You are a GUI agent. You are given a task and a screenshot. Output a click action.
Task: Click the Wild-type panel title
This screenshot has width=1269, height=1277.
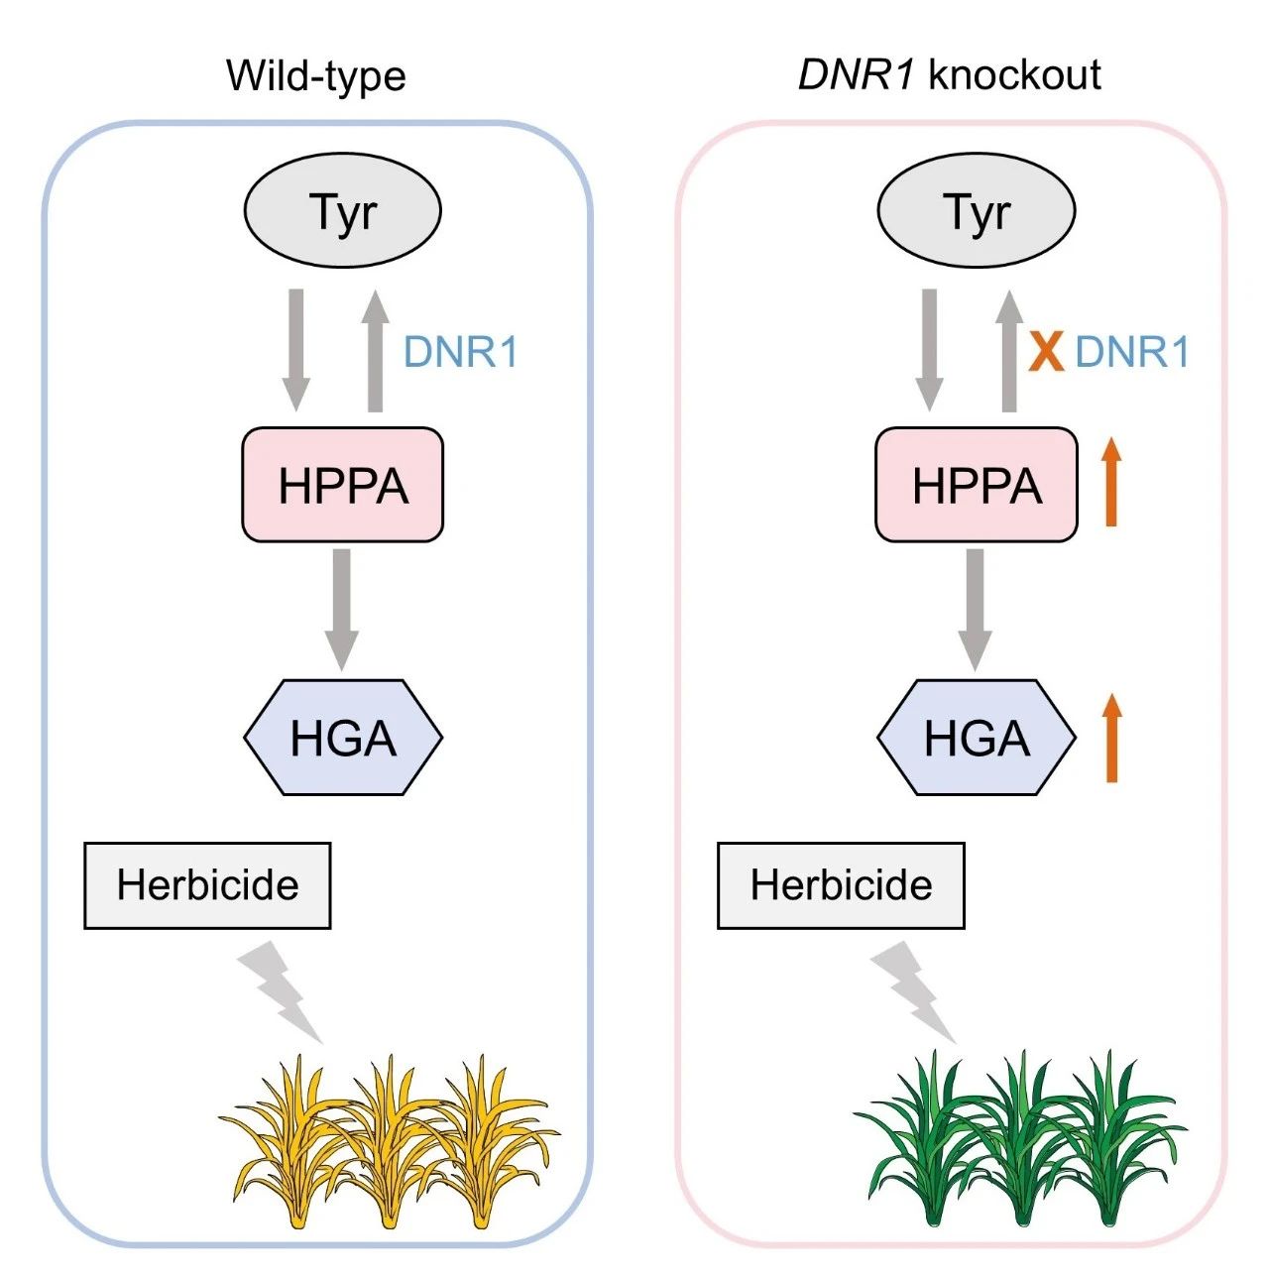316,77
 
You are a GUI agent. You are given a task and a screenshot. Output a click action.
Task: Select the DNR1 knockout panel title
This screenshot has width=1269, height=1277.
949,74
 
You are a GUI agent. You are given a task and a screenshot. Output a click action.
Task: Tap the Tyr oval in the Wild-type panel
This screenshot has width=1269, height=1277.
343,211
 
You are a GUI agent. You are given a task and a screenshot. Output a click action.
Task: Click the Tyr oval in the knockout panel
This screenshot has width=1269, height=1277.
977,211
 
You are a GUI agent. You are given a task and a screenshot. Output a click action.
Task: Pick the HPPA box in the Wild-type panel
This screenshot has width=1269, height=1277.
343,485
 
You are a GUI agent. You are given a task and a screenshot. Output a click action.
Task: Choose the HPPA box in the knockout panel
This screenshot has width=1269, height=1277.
977,485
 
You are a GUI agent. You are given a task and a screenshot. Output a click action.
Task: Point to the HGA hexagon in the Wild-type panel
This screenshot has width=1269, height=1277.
343,737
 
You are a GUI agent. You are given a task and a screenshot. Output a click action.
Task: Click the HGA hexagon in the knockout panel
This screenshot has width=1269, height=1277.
977,737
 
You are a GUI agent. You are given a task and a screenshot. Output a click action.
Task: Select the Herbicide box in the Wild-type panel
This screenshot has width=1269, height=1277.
207,885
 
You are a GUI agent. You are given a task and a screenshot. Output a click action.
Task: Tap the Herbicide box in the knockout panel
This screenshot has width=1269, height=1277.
841,885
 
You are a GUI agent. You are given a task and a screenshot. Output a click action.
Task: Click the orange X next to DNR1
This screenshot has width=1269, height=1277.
1046,352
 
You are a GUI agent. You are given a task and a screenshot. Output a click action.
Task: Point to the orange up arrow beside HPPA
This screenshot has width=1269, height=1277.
1112,482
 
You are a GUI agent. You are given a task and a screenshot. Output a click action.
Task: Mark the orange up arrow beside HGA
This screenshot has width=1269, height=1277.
1112,738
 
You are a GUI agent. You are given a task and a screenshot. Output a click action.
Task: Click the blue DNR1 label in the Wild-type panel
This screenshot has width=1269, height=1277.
461,351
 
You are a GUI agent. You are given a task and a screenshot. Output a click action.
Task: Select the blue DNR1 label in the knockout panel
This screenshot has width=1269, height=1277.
1132,351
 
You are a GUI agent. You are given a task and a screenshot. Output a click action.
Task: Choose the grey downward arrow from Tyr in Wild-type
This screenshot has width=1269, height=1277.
295,351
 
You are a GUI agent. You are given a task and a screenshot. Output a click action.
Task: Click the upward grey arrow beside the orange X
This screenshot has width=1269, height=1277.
1008,351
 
